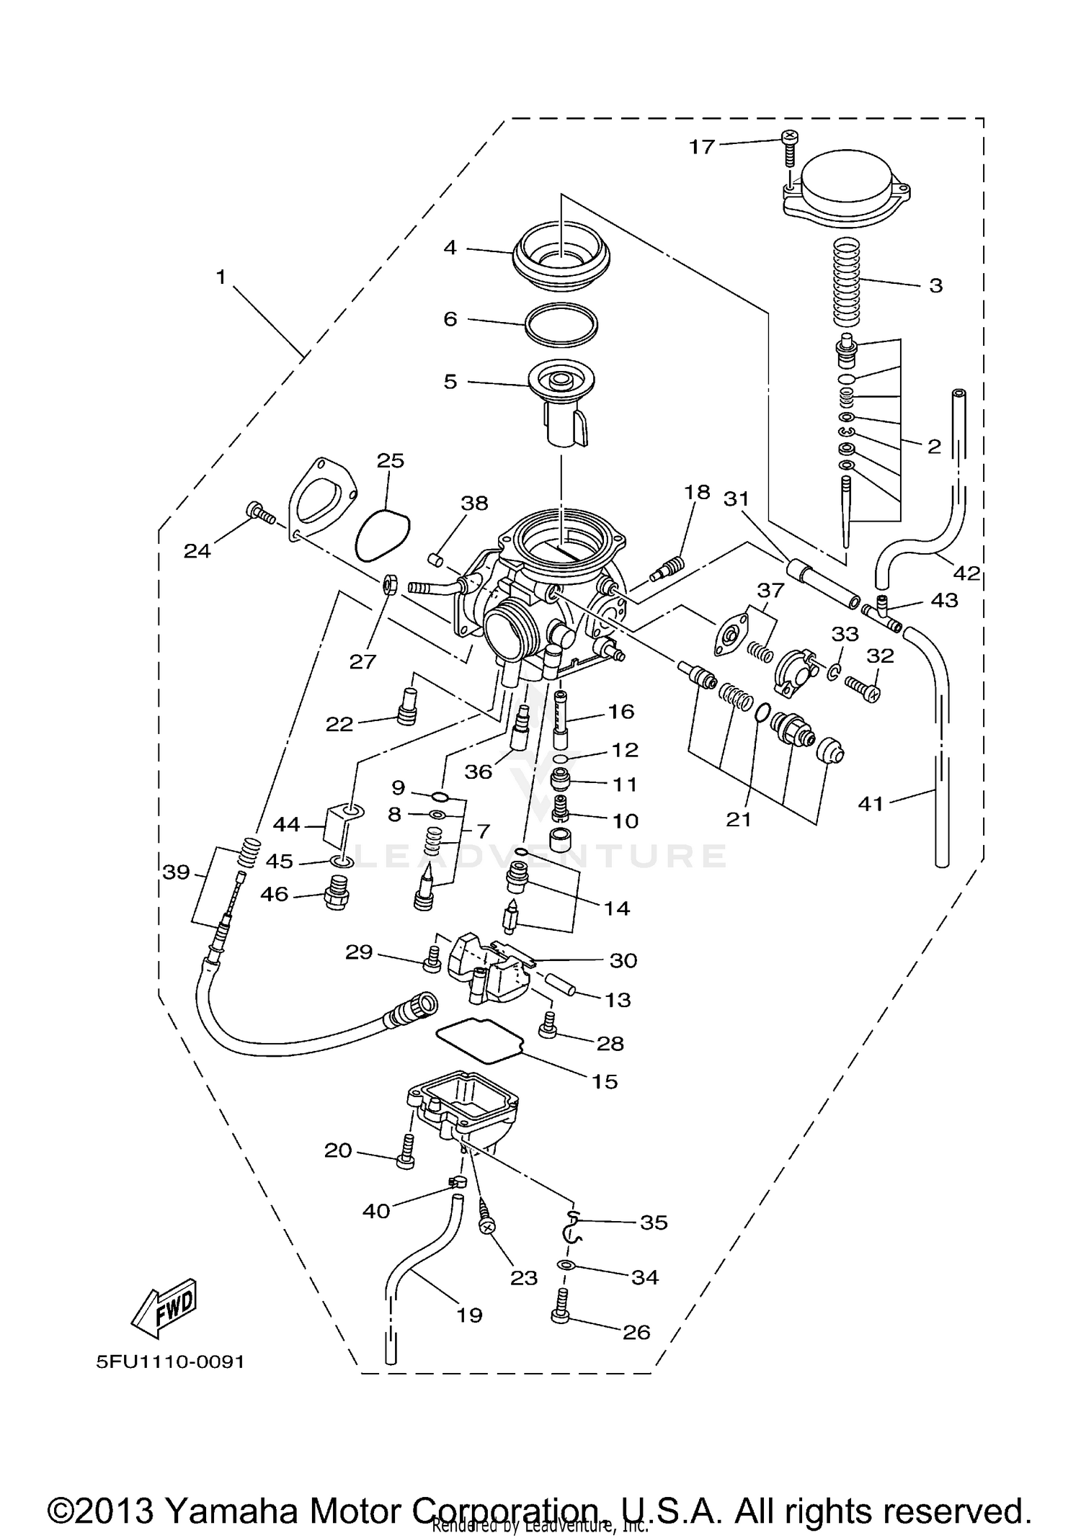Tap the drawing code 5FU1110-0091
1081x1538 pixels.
[170, 1362]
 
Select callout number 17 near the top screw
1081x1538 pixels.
[701, 147]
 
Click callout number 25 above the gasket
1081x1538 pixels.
[391, 460]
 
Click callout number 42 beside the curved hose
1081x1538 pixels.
[966, 573]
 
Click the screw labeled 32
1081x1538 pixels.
[862, 684]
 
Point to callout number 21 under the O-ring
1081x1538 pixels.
[739, 819]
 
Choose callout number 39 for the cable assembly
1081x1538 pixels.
[176, 872]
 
